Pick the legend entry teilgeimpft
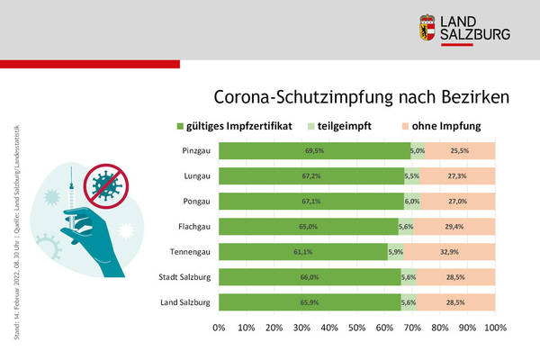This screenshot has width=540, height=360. point(343,125)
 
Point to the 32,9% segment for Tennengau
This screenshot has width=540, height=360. point(450,252)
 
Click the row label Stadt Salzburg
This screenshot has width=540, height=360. point(187,277)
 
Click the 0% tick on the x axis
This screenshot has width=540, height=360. point(219,328)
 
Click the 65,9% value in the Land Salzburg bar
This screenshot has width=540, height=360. point(310,301)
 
